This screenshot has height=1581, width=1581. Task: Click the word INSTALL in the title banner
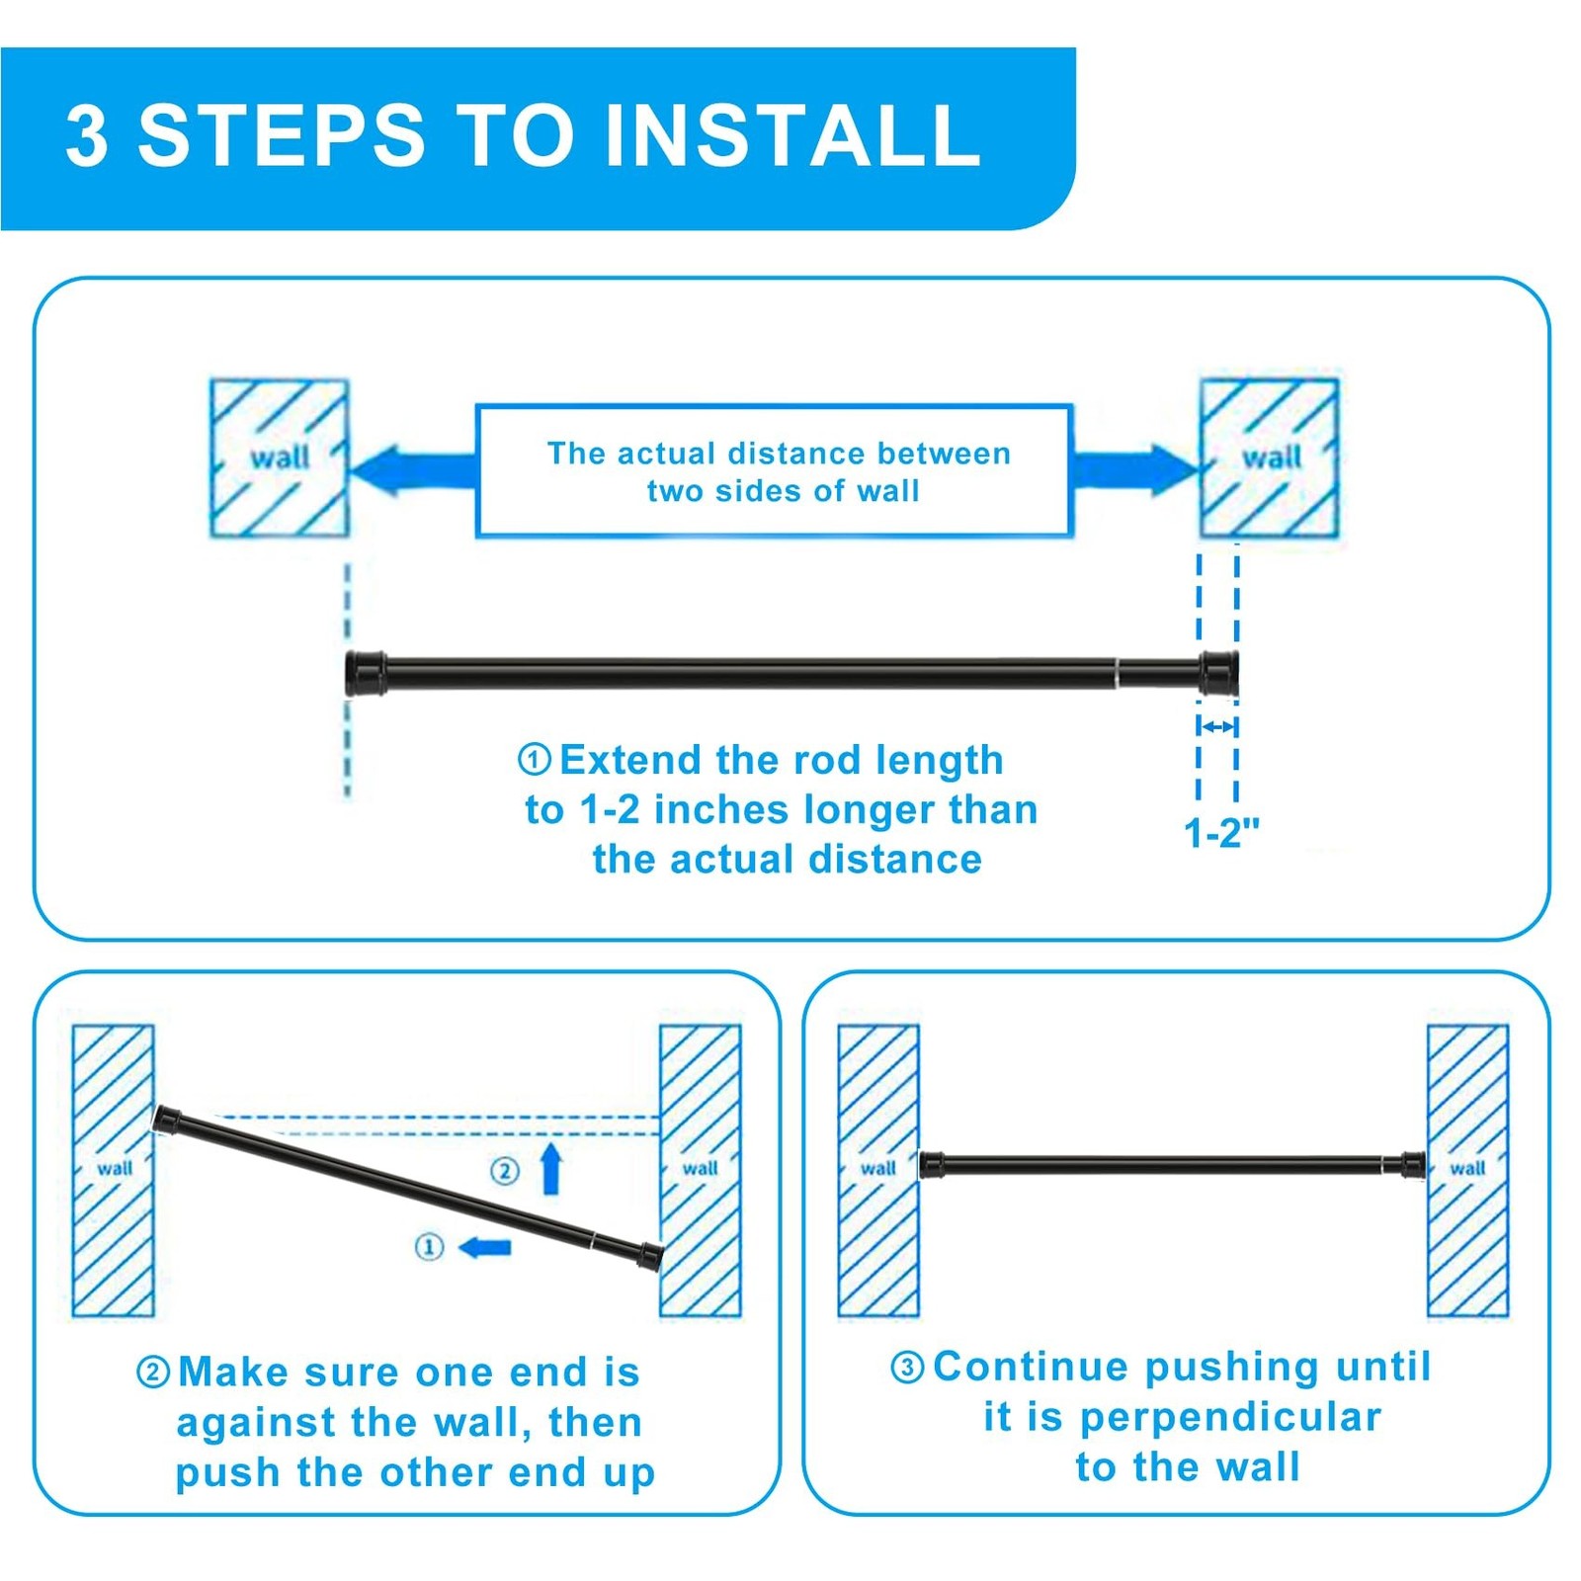tap(791, 135)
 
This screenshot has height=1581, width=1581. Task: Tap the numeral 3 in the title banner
tap(87, 135)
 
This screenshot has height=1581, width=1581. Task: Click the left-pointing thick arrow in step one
tap(414, 469)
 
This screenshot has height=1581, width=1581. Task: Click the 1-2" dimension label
tap(1221, 833)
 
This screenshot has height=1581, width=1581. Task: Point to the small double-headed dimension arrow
tap(1217, 726)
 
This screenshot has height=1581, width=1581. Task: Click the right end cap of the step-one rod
tap(1218, 673)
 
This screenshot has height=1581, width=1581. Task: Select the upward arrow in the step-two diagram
tap(551, 1169)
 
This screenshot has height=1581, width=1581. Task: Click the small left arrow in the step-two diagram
tap(485, 1247)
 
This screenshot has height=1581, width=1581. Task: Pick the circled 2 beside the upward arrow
tap(505, 1171)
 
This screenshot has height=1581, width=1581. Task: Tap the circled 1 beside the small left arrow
tap(429, 1247)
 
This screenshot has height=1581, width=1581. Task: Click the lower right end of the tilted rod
tap(650, 1256)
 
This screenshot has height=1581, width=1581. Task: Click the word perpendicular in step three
tap(1230, 1418)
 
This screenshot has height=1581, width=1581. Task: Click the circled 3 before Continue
tap(907, 1368)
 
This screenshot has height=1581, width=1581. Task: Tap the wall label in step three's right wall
tap(1467, 1168)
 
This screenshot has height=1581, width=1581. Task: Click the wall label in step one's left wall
tap(280, 458)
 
